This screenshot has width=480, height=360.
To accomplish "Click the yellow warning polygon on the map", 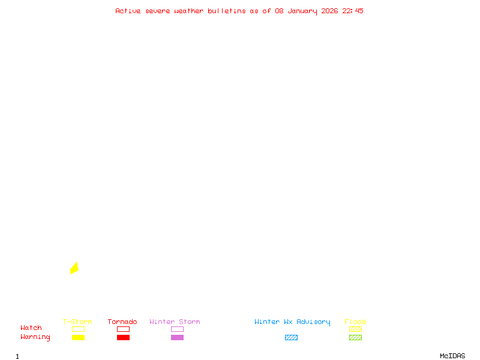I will tap(74, 268).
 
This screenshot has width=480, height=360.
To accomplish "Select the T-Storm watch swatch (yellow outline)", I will tap(78, 329).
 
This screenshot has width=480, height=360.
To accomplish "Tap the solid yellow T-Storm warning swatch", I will tap(78, 337).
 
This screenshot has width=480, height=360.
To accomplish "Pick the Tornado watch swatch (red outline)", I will tap(123, 329).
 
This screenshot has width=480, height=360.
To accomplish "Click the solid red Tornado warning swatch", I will tap(123, 337).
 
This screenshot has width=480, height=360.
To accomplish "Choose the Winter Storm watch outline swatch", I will tap(177, 329).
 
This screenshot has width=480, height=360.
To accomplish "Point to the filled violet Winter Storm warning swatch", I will tap(177, 337).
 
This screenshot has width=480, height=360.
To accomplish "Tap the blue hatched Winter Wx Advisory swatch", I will tap(291, 337).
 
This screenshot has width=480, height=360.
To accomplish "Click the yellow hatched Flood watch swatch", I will tap(355, 329).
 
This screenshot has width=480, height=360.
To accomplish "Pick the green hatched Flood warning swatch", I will tap(355, 337).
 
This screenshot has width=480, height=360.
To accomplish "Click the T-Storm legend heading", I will tap(77, 322).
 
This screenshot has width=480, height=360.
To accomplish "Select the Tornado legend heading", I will tap(122, 322).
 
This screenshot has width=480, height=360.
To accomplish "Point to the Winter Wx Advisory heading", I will tap(292, 322).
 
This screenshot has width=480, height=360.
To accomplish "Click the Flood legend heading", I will tap(355, 322).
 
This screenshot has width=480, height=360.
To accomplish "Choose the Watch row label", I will tap(31, 328).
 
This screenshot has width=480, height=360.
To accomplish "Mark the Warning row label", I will tap(35, 337).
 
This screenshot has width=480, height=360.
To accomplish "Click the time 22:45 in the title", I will tap(353, 11).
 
